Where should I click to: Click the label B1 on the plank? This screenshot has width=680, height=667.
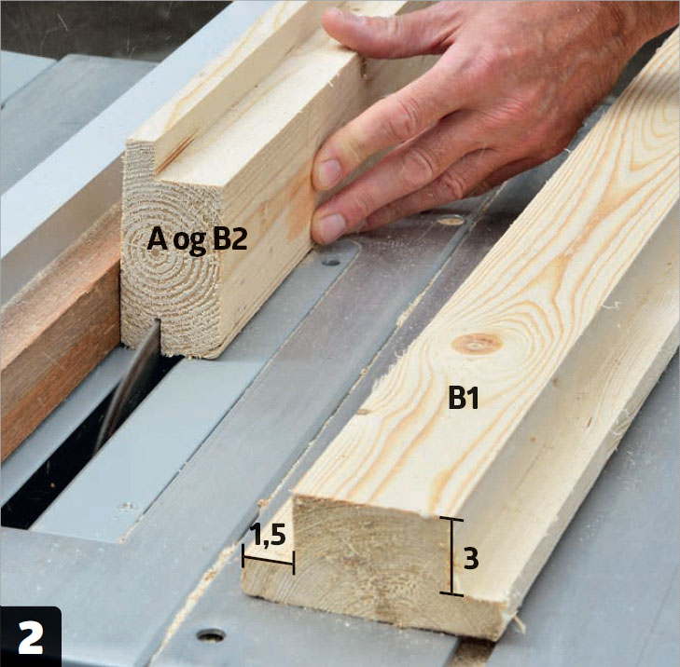tap(464, 399)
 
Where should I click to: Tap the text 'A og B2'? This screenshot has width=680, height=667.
tap(198, 240)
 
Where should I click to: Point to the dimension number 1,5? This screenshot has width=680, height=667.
tap(269, 536)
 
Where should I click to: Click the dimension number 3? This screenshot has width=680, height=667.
tap(471, 559)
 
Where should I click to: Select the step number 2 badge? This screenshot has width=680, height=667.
tap(31, 636)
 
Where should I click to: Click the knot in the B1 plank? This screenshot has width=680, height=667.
tap(477, 344)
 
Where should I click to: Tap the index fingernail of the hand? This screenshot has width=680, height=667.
tap(328, 173)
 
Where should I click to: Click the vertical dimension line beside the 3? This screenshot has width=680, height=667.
tap(451, 556)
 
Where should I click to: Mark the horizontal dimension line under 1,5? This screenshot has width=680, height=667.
tap(268, 559)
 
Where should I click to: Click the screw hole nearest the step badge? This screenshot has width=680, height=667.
tap(211, 635)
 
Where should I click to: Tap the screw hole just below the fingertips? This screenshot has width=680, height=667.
tap(331, 261)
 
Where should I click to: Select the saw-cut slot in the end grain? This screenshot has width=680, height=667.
tap(157, 338)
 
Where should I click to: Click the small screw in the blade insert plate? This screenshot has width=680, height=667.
tap(127, 506)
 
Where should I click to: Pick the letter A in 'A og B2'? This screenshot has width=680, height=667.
tap(157, 238)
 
